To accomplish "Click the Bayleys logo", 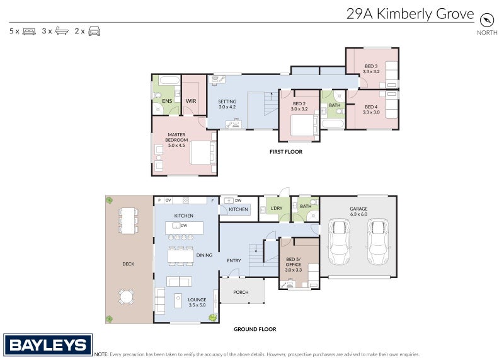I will [48, 345].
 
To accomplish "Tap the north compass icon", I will [486, 20].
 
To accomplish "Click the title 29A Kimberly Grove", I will [410, 14].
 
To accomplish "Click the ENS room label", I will [167, 101].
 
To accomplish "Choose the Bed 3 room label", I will [370, 69].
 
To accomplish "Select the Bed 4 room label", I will [370, 109].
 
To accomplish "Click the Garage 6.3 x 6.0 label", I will [358, 211].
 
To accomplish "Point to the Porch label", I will [241, 292].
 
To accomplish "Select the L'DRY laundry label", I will [276, 208].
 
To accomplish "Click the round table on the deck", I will [127, 296].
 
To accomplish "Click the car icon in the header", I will [94, 31].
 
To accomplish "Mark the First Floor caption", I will [285, 152].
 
